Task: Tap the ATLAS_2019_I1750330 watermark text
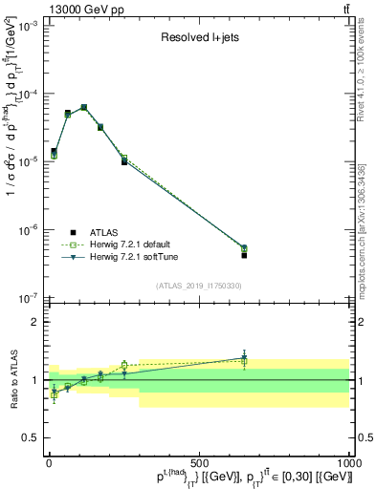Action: click(198, 285)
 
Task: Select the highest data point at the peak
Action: click(84, 107)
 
